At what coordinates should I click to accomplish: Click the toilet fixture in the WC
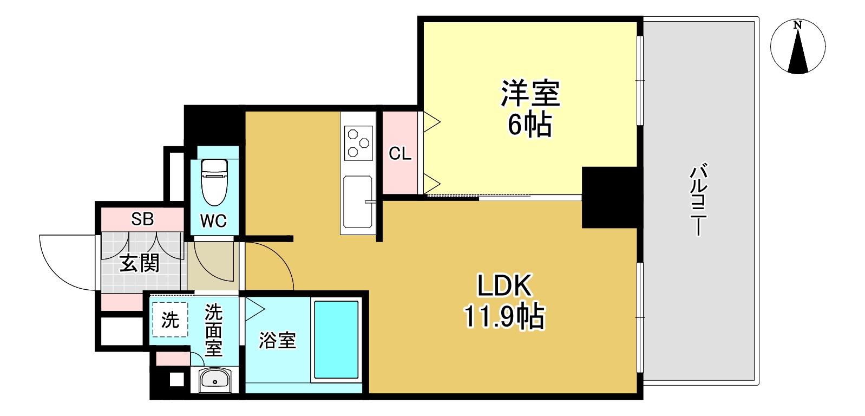(214, 181)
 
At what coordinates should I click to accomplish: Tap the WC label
(213, 221)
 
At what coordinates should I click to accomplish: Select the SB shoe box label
(142, 219)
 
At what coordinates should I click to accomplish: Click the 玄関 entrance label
(139, 264)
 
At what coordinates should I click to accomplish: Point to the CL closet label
(400, 154)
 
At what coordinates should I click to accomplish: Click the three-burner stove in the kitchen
(358, 142)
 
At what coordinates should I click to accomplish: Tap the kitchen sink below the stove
(358, 201)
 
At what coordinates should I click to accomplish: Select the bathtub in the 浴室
(336, 340)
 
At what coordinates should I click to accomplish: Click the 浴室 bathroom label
(277, 340)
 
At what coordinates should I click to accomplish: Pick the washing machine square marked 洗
(170, 320)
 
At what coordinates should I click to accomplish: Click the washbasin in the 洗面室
(215, 380)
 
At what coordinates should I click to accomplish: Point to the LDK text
(504, 286)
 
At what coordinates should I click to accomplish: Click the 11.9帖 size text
(504, 316)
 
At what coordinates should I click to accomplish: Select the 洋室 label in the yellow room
(530, 93)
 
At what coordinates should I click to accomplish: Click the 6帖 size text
(529, 125)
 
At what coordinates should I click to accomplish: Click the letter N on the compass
(797, 25)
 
